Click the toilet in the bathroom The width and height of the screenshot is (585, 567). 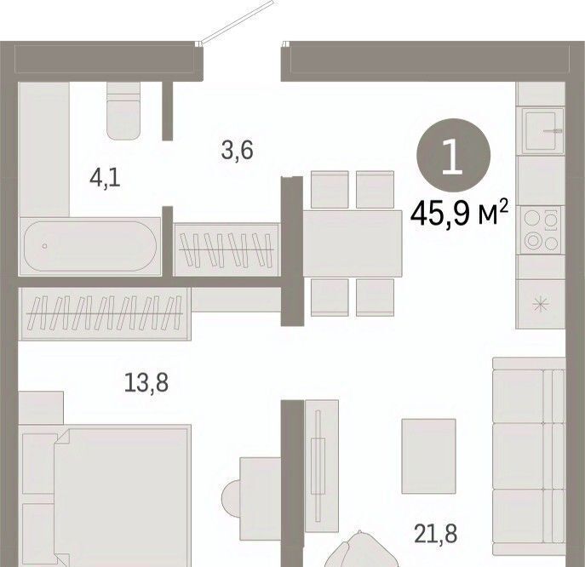click(x=123, y=111)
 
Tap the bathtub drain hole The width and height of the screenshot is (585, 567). click(x=45, y=246)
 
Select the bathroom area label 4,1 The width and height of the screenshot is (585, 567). click(x=106, y=179)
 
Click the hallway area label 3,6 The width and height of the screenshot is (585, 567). click(x=238, y=150)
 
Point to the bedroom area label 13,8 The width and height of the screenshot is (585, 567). click(x=146, y=383)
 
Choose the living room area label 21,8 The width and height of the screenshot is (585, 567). click(x=436, y=534)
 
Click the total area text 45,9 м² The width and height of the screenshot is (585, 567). click(x=459, y=214)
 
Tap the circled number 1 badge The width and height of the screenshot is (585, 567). click(x=453, y=155)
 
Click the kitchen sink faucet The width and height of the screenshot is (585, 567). click(x=553, y=131)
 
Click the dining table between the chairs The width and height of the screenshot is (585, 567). click(x=353, y=243)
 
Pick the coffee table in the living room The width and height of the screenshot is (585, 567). click(x=428, y=455)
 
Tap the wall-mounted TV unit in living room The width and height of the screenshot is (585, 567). click(x=322, y=466)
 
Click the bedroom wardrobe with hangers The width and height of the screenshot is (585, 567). click(x=106, y=313)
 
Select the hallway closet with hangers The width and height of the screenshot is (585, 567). click(x=227, y=249)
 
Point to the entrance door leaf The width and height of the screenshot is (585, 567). click(x=238, y=22)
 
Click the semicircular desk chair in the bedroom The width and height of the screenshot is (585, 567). click(x=232, y=498)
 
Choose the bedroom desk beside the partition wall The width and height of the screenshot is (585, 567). click(x=261, y=498)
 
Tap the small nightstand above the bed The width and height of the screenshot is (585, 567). click(x=41, y=408)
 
